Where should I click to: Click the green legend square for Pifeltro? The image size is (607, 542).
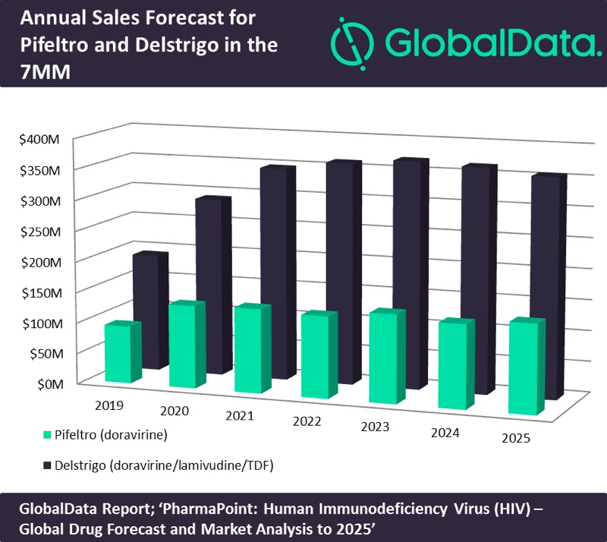click(x=47, y=436)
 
